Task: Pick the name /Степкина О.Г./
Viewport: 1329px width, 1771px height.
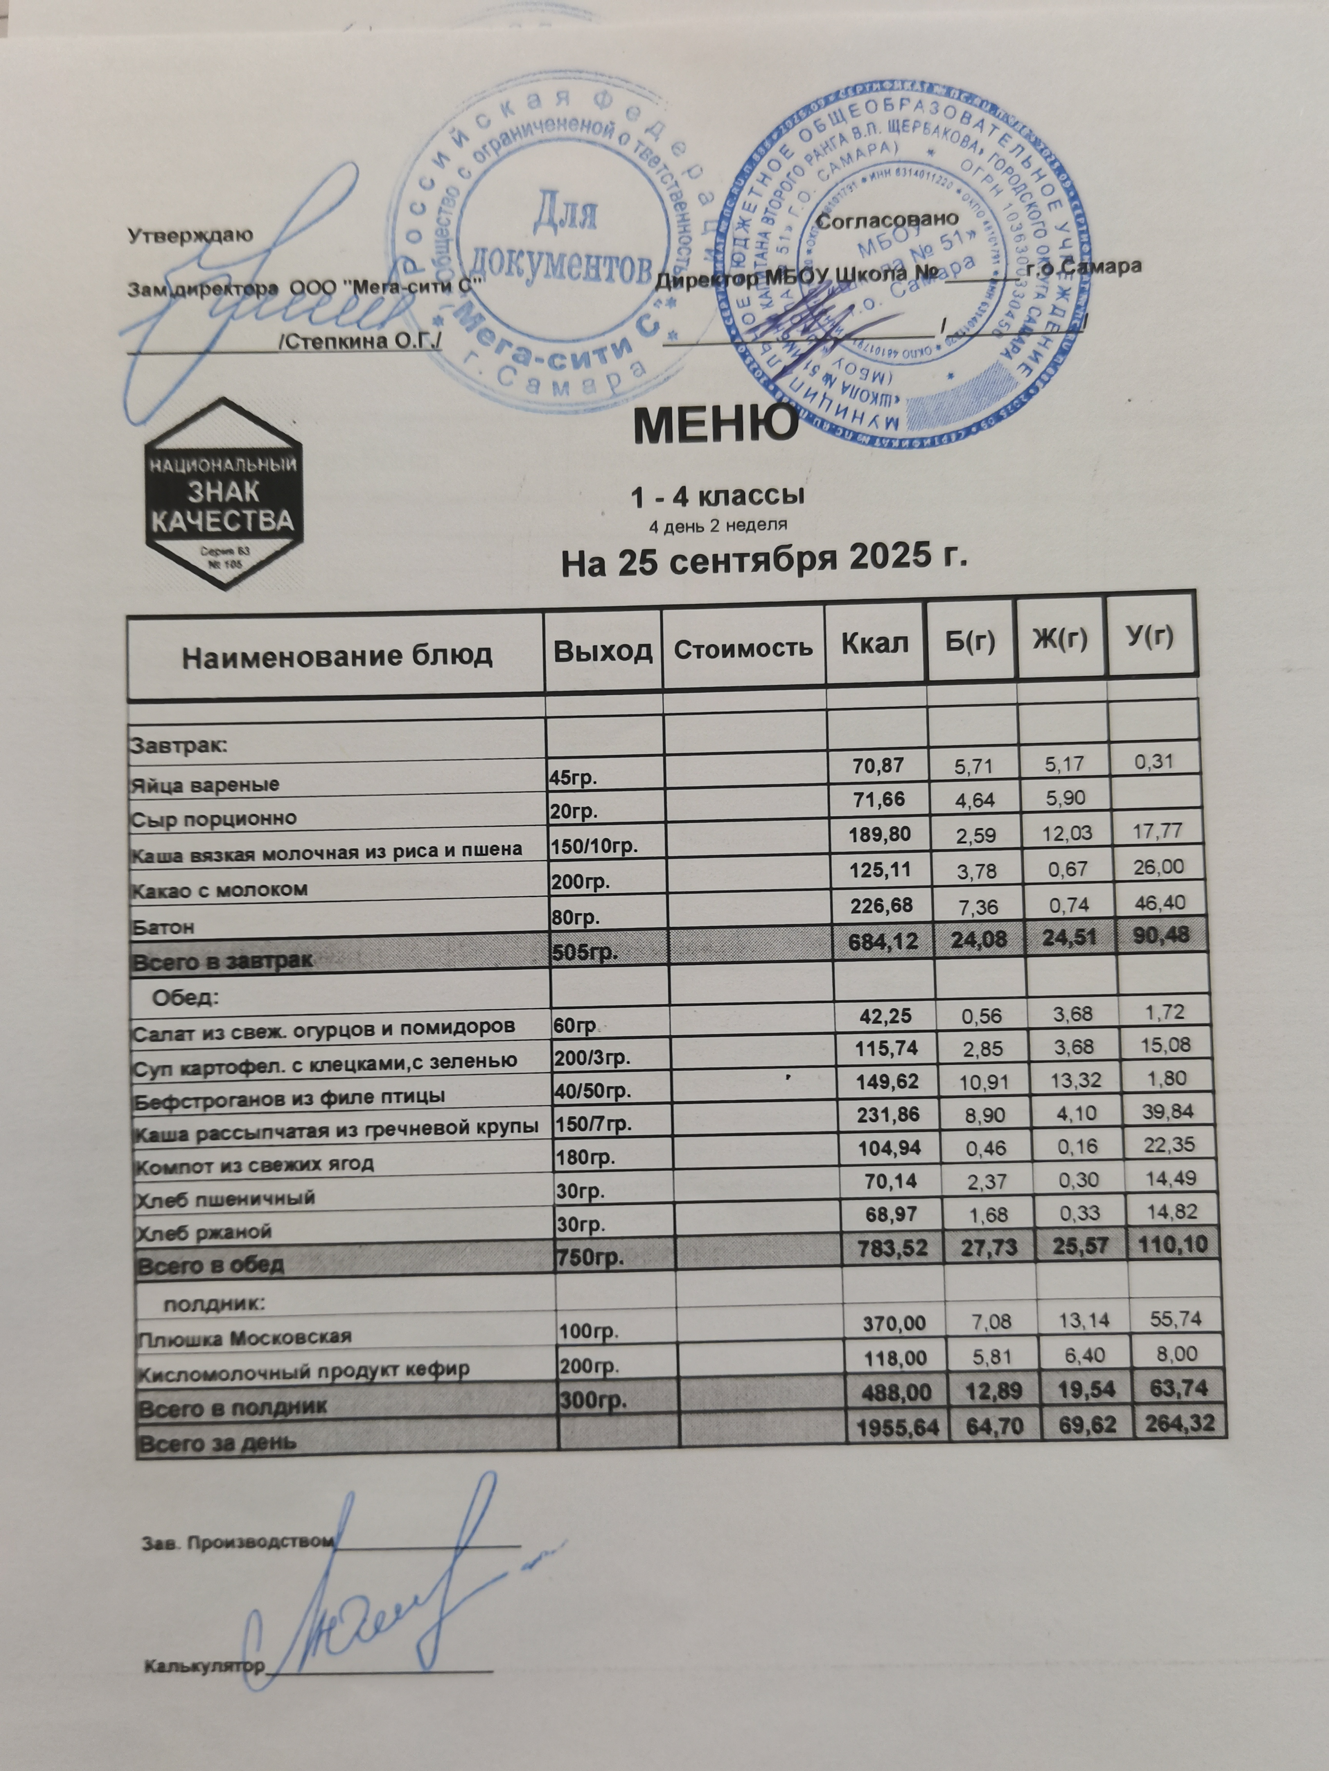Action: tap(359, 342)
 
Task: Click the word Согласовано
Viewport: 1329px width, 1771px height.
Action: tap(888, 218)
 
